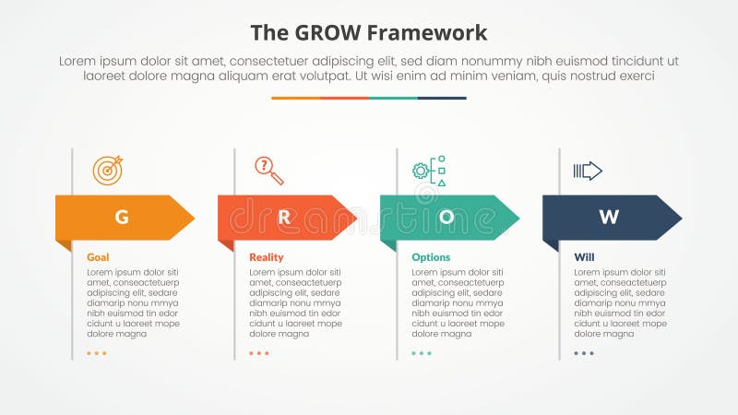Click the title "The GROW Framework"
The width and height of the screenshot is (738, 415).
369,33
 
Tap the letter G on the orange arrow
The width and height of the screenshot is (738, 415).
121,218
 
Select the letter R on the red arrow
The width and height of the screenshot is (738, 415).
284,218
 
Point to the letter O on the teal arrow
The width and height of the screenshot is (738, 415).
446,218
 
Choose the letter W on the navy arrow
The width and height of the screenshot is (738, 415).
609,218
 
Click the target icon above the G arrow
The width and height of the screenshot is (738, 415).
107,170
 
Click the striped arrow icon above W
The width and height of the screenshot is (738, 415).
588,171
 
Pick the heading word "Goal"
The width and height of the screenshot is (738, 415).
98,257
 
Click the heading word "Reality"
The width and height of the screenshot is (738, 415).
267,257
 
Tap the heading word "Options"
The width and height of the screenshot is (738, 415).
431,257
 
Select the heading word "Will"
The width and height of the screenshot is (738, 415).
584,257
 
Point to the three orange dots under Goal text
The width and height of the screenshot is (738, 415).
97,353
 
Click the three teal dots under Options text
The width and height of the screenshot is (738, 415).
422,353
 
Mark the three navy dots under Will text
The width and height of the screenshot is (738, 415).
584,353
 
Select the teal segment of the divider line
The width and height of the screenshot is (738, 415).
393,98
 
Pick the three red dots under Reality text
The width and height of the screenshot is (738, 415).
259,353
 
